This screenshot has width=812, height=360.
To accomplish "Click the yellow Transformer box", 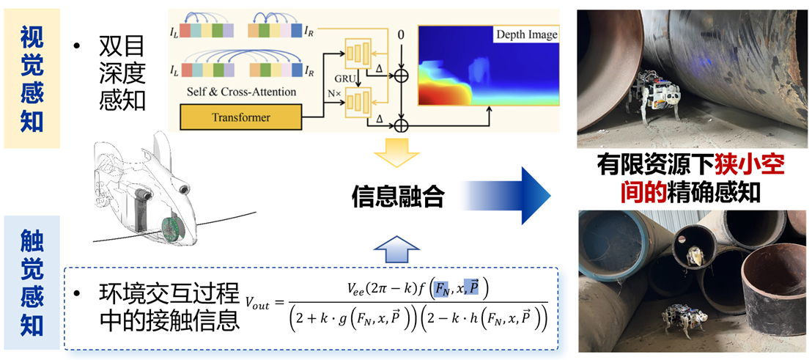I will pos(240,117).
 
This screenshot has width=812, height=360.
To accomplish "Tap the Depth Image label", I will pos(526,34).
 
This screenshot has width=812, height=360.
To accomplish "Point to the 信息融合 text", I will pos(398,196).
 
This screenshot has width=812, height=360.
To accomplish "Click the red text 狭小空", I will pos(748,166).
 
